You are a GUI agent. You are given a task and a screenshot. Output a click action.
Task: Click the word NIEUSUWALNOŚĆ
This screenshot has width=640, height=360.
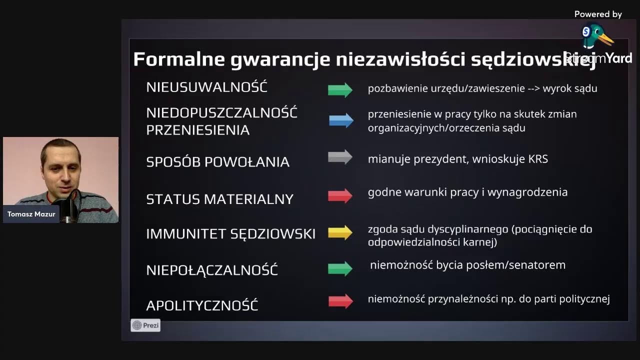[206, 87]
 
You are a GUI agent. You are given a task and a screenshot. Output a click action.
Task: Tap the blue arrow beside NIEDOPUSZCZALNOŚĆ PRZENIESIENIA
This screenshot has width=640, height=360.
[341, 120]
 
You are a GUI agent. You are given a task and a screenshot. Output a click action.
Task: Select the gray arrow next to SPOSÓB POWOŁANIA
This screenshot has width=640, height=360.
[340, 157]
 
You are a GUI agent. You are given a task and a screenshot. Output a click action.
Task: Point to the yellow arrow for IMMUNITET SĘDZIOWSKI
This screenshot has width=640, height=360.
[340, 232]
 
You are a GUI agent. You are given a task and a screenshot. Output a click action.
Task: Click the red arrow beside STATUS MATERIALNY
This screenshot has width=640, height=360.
[340, 195]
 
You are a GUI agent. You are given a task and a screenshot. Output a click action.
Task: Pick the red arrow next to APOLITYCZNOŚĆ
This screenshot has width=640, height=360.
[340, 301]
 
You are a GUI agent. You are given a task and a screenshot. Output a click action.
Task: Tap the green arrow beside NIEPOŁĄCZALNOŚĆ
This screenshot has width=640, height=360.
[340, 268]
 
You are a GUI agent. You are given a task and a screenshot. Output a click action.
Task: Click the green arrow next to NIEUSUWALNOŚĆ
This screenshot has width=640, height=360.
[340, 89]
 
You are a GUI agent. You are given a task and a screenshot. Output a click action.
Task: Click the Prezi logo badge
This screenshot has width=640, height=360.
[145, 325]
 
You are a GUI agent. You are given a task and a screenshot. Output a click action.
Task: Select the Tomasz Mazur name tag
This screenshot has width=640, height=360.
[31, 214]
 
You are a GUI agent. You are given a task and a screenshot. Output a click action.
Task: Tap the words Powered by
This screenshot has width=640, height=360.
[598, 14]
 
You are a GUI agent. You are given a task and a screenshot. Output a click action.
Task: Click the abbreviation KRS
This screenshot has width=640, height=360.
[538, 159]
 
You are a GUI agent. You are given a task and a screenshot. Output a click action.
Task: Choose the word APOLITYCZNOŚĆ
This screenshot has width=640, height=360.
[202, 305]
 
